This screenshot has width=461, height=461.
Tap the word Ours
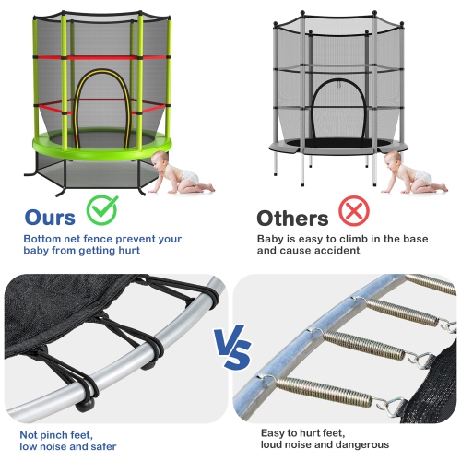coord(52,218)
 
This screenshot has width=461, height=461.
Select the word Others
coord(291,219)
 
